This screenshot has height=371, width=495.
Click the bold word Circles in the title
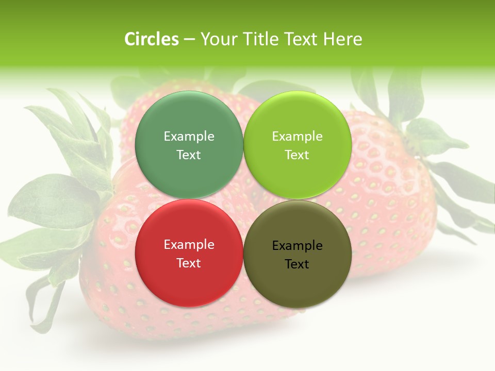tap(152, 39)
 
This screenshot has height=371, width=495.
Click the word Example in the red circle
tap(189, 245)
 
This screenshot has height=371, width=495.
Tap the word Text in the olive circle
tap(297, 264)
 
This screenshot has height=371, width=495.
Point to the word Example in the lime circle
tap(297, 137)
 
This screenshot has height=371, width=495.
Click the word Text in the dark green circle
tap(189, 155)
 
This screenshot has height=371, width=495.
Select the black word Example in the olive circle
tap(297, 246)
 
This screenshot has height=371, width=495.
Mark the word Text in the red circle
tap(189, 263)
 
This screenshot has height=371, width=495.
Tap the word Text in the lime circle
tap(297, 155)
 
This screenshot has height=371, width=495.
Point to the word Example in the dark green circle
tap(189, 137)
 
